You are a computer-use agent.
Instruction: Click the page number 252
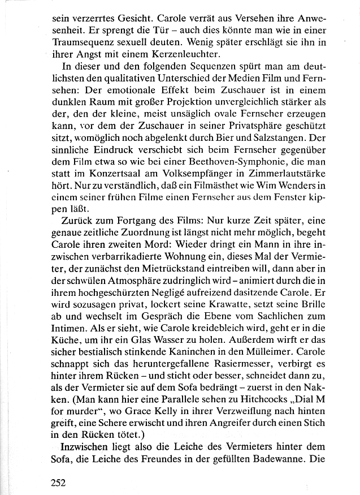[58, 483]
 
